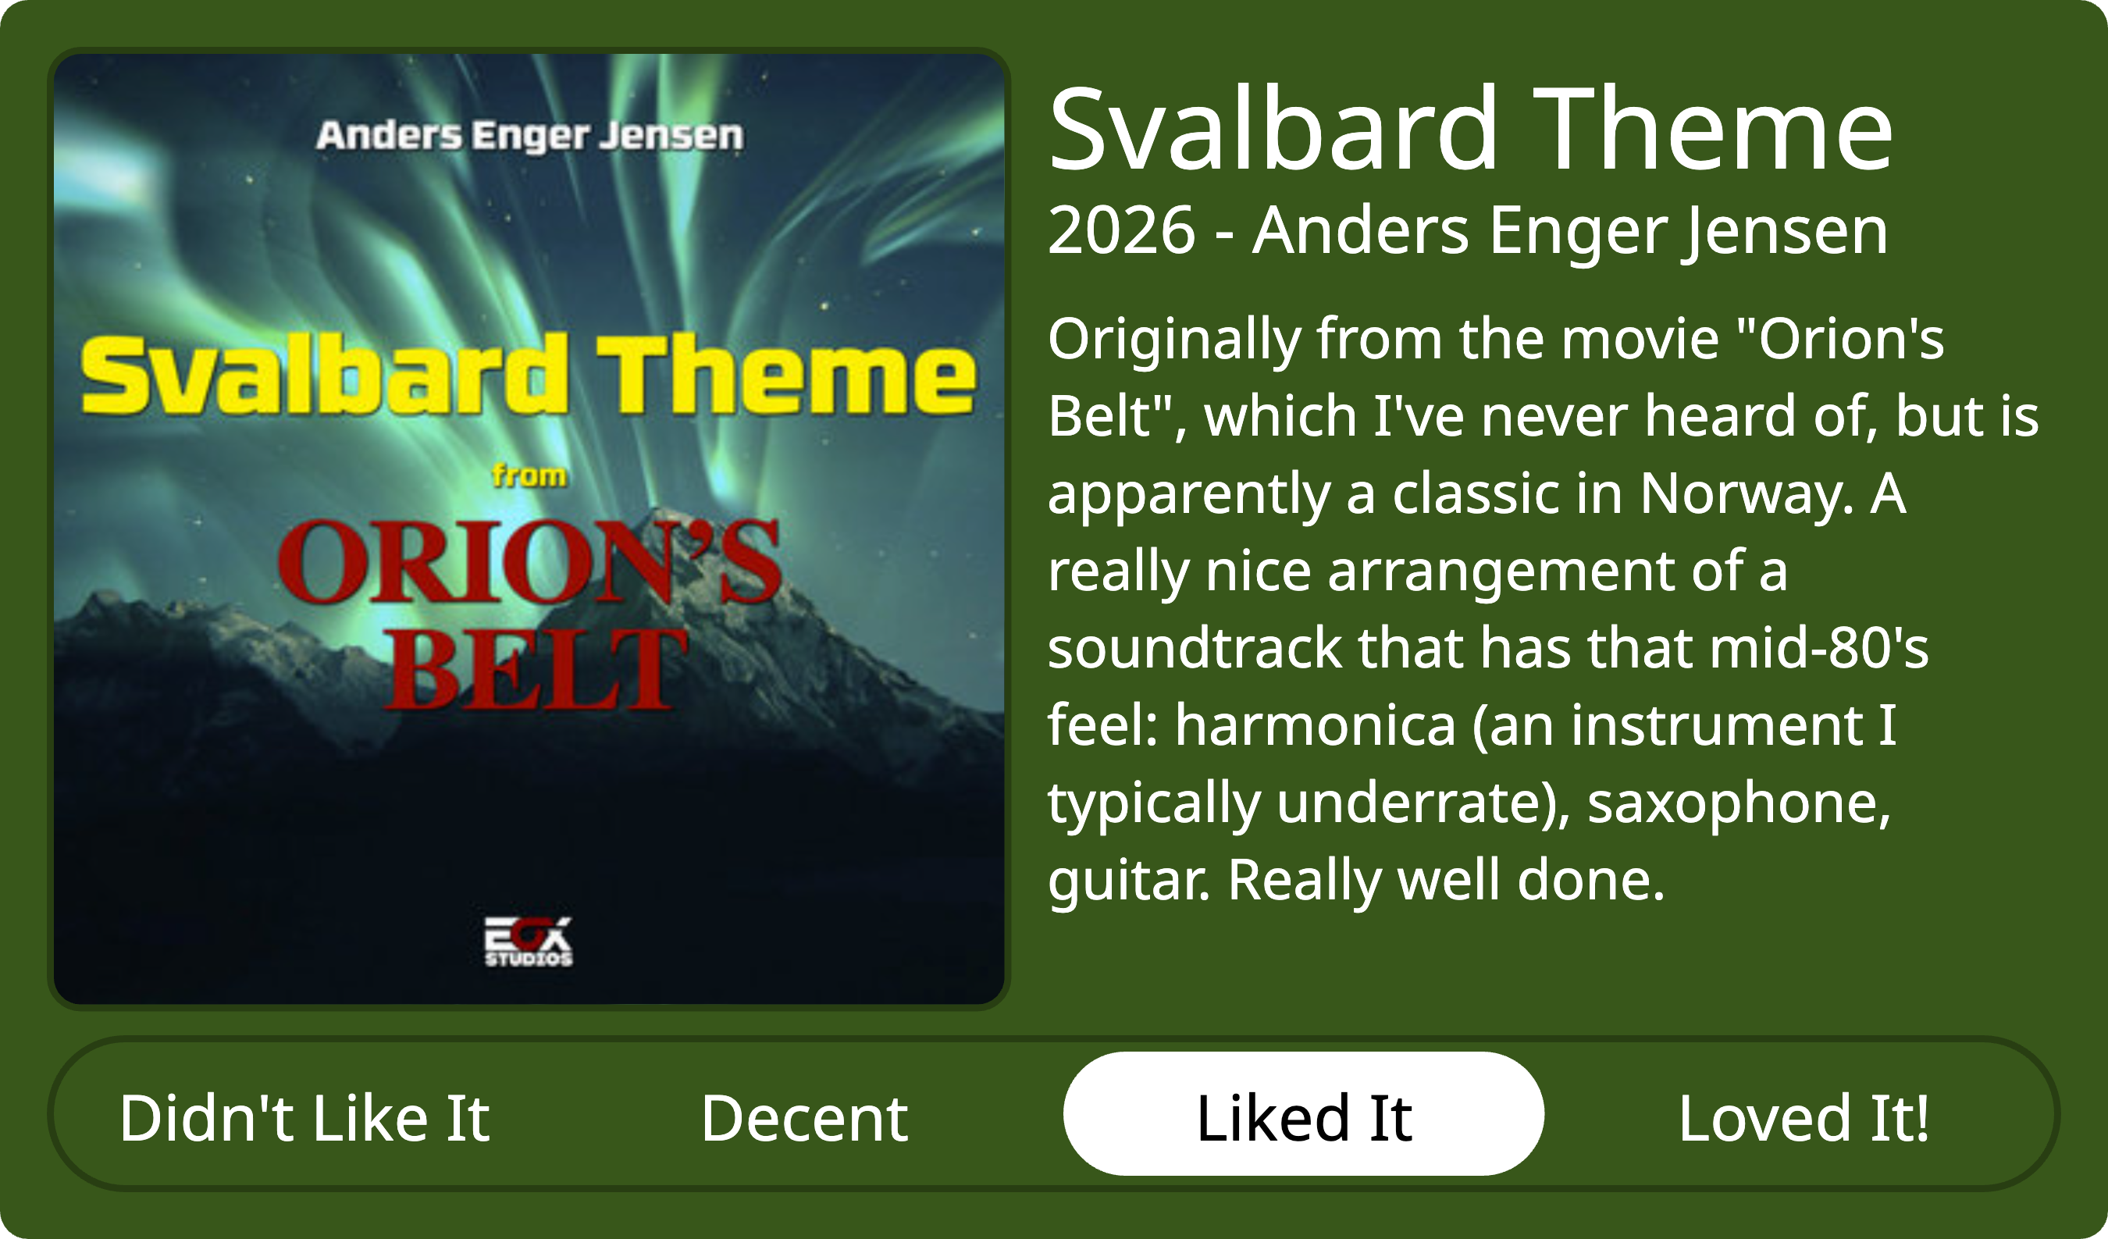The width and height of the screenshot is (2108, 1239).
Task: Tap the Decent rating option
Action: [804, 1118]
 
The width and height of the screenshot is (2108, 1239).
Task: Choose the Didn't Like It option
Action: [304, 1118]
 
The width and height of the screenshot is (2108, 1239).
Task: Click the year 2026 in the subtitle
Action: [1121, 230]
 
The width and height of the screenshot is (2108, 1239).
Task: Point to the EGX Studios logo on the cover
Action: [529, 942]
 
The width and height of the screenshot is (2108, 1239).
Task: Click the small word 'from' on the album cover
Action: [529, 475]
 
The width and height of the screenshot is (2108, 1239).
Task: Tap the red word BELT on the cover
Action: [536, 669]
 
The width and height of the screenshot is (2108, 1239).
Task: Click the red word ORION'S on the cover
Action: [529, 561]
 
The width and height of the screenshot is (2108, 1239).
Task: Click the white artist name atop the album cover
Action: [529, 136]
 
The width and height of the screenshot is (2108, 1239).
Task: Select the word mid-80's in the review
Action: [1818, 647]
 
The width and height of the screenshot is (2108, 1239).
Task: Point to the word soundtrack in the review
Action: [1195, 647]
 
